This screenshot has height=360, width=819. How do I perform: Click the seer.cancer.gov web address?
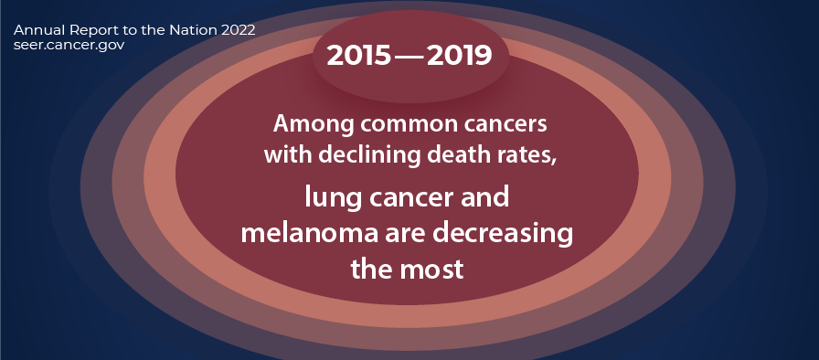tap(69, 45)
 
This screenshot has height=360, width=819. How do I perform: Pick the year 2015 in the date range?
tap(359, 56)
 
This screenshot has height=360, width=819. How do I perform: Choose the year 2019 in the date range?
tap(459, 56)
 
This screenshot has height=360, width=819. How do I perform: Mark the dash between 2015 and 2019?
tap(409, 57)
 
